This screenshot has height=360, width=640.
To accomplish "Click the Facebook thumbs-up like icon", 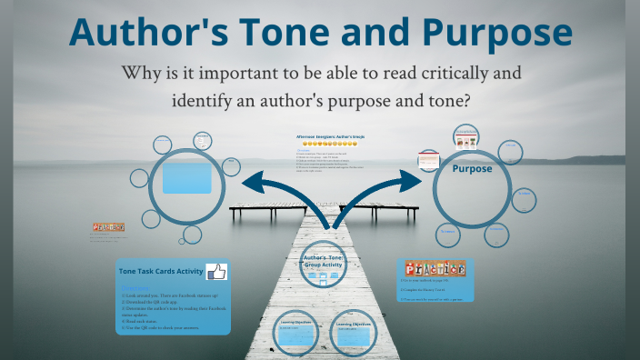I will click(x=216, y=271).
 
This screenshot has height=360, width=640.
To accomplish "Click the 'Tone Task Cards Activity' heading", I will click(x=161, y=271).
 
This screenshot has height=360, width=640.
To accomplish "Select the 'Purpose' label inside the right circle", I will click(x=472, y=168).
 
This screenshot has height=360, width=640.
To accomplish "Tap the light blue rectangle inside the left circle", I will click(x=187, y=176).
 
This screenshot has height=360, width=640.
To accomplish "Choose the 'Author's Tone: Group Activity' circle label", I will click(x=325, y=260).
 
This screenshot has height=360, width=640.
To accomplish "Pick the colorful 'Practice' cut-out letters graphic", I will click(x=435, y=269).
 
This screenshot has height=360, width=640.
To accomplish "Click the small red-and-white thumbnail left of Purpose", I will click(x=429, y=160).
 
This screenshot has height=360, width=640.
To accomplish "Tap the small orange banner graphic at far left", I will click(x=108, y=227).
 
